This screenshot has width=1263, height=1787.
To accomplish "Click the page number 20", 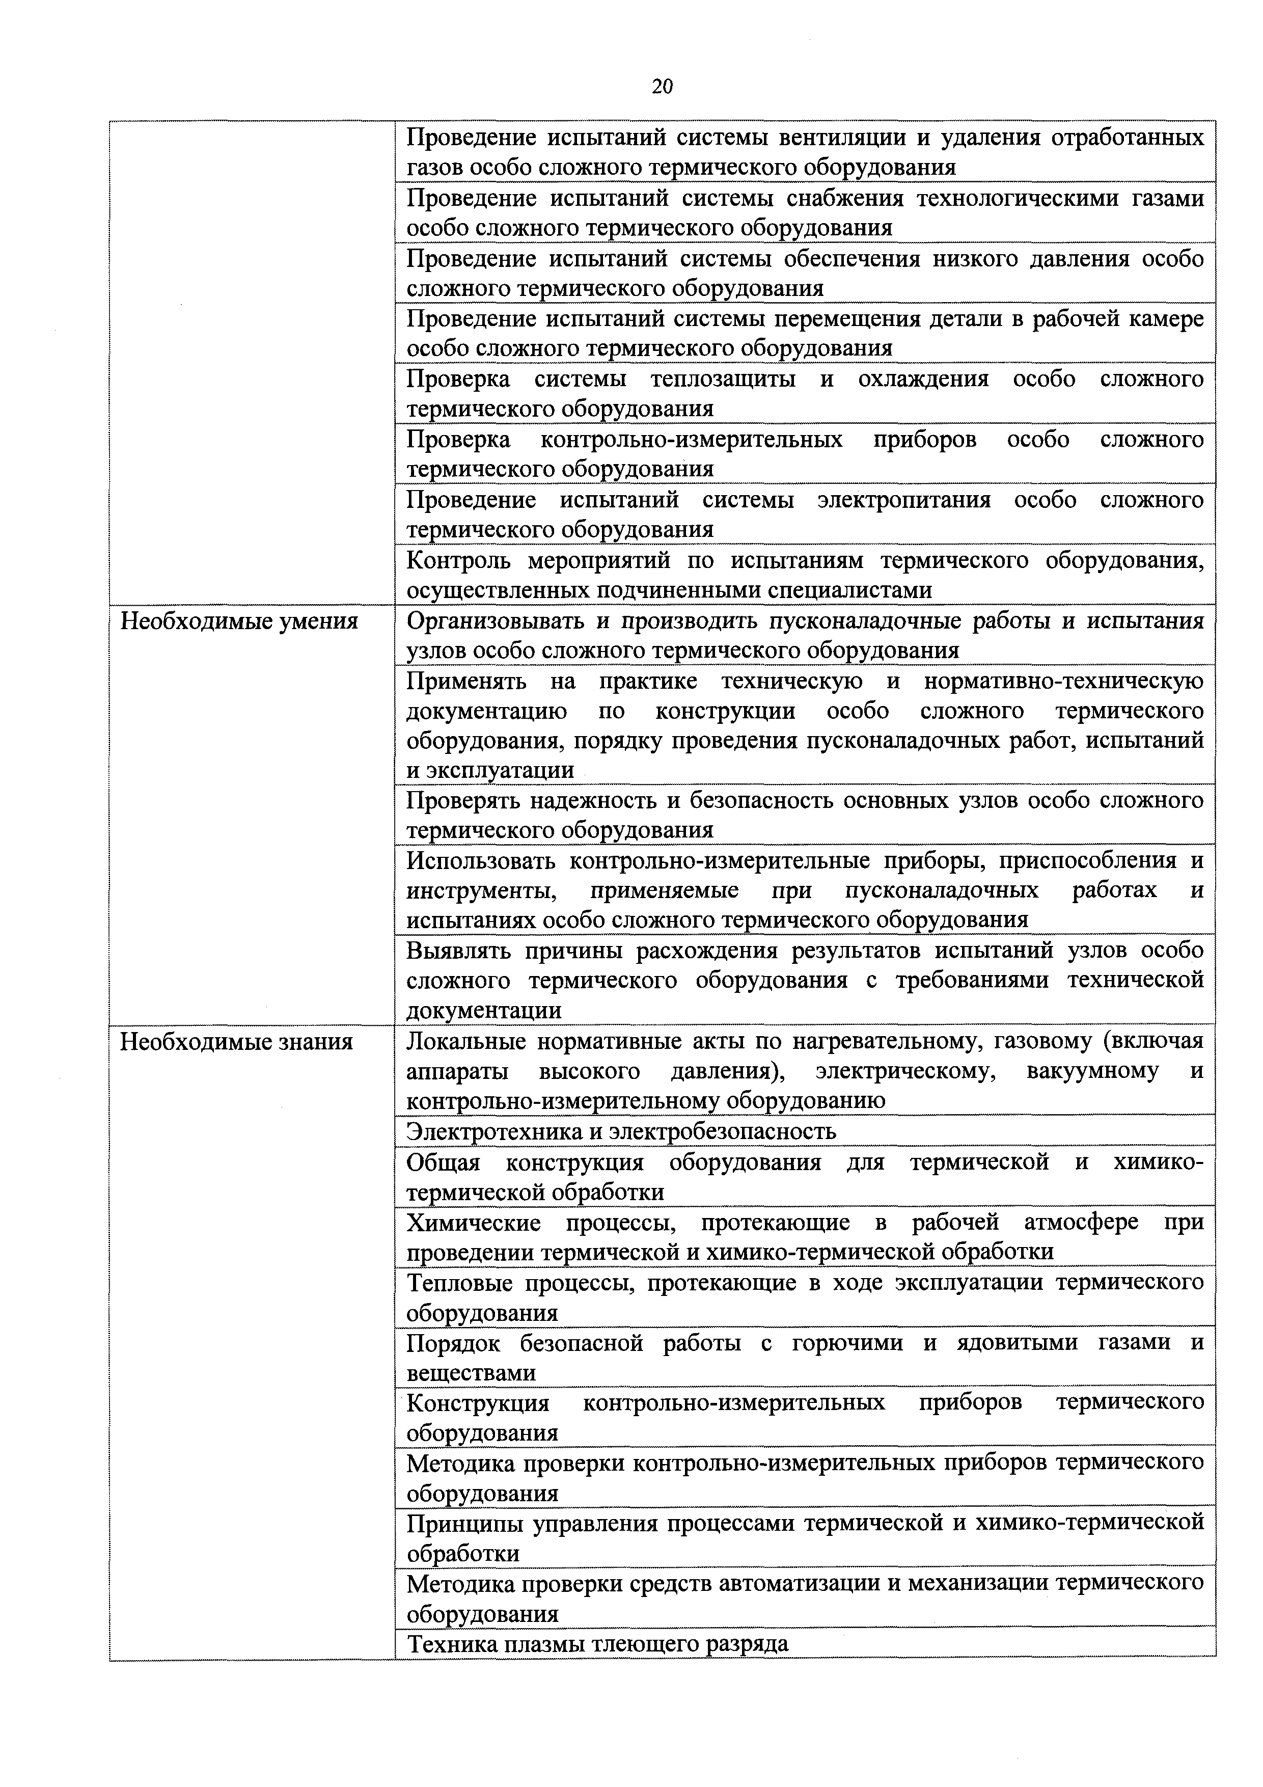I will pyautogui.click(x=662, y=87).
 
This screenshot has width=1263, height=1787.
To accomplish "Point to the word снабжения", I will pyautogui.click(x=845, y=199).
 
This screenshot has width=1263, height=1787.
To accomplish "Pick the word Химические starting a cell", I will pyautogui.click(x=473, y=1222).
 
